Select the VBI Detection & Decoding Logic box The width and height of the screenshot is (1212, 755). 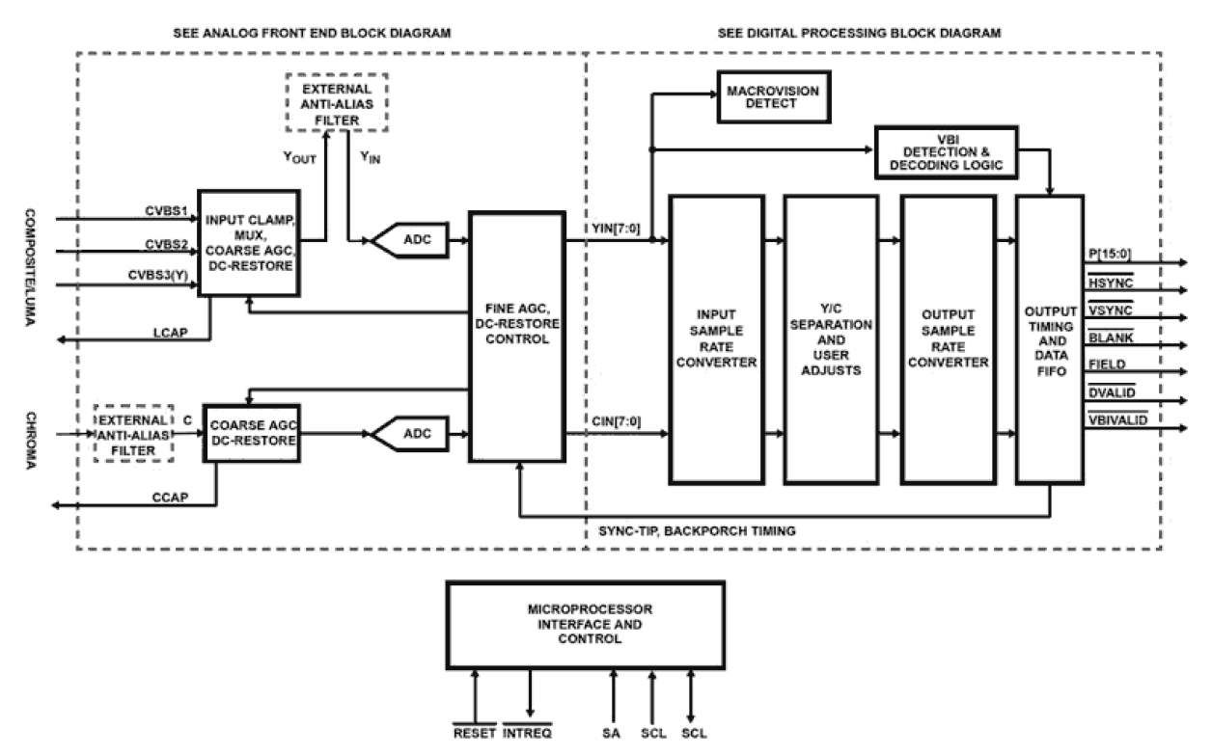[945, 150]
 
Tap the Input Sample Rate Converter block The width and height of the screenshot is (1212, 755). [715, 339]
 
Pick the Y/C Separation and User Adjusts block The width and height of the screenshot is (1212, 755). [831, 339]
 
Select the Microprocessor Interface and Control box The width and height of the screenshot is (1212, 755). [585, 625]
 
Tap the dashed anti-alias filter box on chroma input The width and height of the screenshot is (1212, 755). [135, 433]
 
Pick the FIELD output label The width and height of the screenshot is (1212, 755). [1105, 364]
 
